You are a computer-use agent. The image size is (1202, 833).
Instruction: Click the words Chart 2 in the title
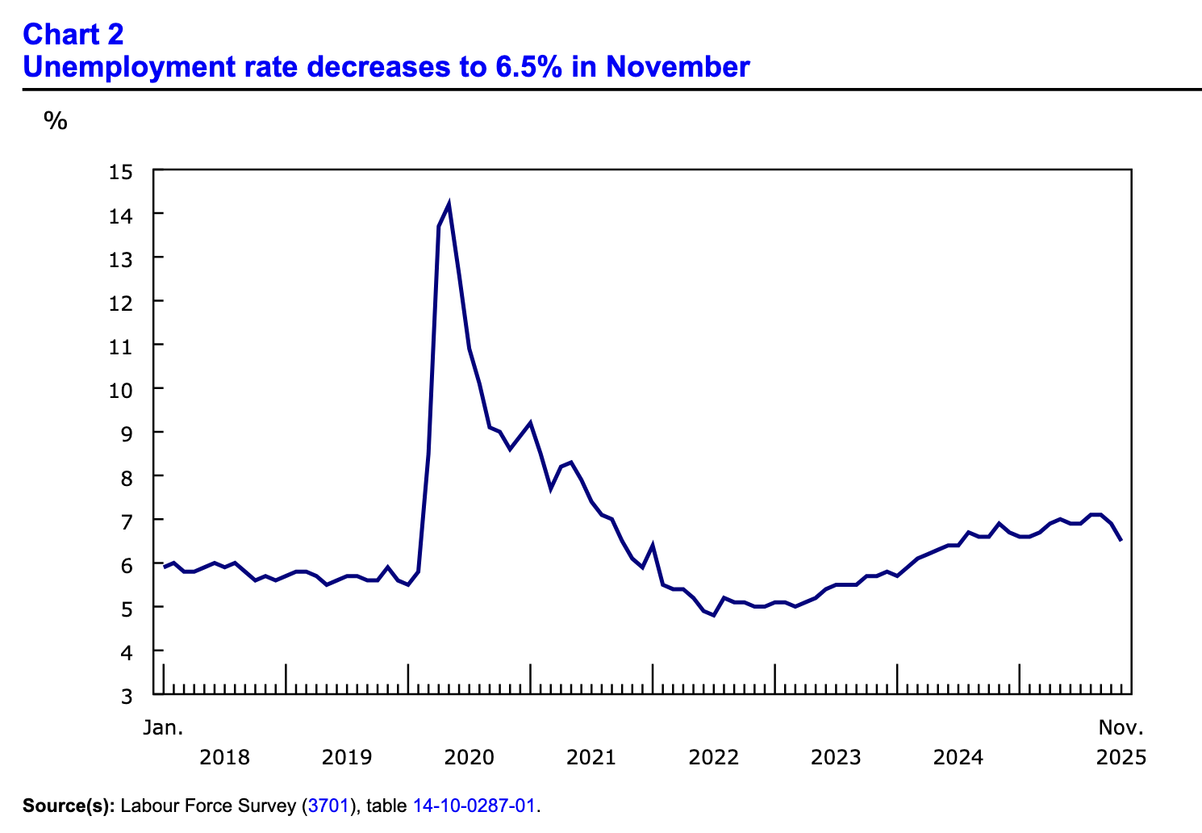tap(73, 35)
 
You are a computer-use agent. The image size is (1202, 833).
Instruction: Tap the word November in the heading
tap(678, 67)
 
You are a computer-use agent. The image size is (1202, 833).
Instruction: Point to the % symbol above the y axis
tap(56, 122)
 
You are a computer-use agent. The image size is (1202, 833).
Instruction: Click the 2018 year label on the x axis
tap(224, 758)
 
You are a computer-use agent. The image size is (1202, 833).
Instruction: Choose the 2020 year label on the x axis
tap(469, 758)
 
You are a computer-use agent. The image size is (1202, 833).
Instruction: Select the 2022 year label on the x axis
tap(714, 758)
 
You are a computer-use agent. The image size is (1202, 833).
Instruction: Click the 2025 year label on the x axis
tap(1121, 758)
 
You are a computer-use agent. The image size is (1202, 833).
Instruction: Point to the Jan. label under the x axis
tap(163, 727)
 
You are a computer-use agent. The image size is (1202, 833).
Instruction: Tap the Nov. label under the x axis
tap(1121, 727)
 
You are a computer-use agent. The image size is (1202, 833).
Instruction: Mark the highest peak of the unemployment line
tap(449, 205)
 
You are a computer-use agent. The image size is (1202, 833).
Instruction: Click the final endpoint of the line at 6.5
tap(1121, 541)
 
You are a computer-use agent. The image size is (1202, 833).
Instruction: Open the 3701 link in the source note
tap(328, 806)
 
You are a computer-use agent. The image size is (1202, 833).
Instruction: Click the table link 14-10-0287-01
tap(474, 806)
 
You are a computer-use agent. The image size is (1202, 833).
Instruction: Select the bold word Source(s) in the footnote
tap(69, 806)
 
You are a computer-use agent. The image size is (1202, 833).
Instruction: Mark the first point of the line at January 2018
tap(164, 567)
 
